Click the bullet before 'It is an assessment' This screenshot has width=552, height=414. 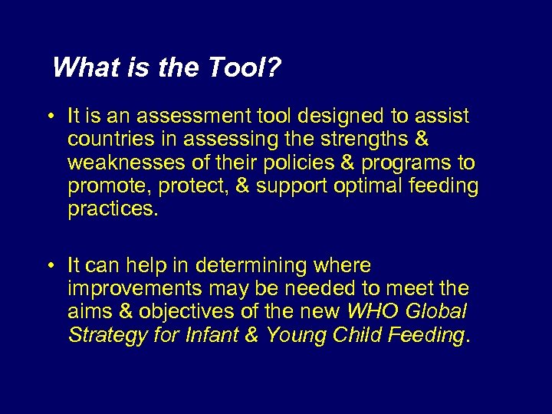tap(48, 117)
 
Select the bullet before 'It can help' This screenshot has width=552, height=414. tap(48, 266)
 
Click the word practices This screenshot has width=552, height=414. tap(112, 209)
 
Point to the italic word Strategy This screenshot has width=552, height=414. tap(100, 335)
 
